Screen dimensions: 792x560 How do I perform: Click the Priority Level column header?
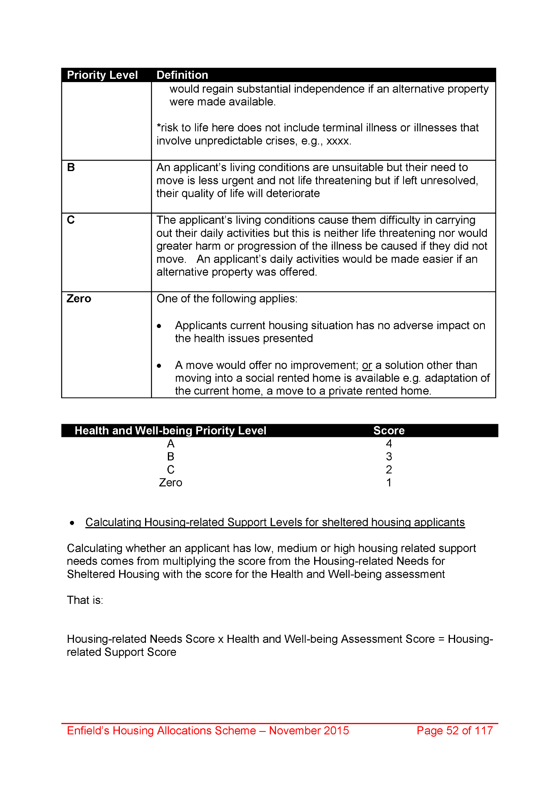coord(102,75)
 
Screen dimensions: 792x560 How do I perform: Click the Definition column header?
coord(182,75)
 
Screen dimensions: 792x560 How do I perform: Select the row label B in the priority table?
coord(71,167)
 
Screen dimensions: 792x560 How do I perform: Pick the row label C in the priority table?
coord(71,220)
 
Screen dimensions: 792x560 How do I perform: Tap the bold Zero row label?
coord(79,299)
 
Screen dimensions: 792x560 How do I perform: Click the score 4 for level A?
coord(389,444)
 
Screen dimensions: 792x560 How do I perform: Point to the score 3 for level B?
coord(389,457)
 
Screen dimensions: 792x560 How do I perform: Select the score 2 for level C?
coord(389,470)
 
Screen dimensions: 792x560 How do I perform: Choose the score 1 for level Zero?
coord(389,483)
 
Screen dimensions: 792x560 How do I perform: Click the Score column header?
coord(389,431)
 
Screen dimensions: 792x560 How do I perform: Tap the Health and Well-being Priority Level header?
coord(170,431)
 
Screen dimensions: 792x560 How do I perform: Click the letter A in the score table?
coord(171,444)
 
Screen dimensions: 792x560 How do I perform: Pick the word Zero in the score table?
coord(171,483)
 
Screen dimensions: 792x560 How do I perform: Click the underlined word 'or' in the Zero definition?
coord(367,365)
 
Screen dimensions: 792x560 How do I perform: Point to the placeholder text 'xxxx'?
coord(338,141)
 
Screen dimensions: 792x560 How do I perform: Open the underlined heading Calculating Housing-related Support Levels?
coord(275,522)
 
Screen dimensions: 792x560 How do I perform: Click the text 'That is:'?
coord(85,600)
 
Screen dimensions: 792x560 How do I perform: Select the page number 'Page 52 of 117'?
coord(454,731)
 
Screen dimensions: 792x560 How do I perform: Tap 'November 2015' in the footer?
coord(309,731)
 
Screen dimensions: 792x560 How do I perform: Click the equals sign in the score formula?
coord(441,639)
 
